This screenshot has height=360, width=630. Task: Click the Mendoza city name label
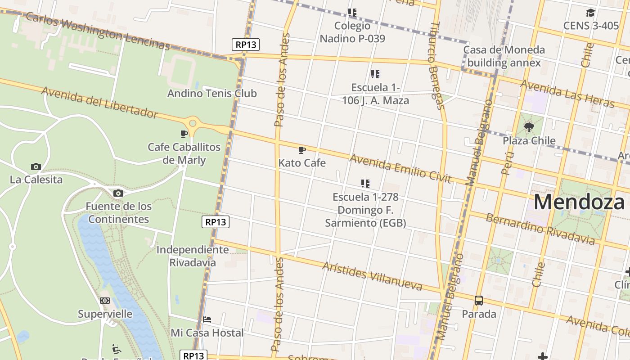[x=579, y=202]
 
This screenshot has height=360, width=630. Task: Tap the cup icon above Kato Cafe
[x=302, y=150]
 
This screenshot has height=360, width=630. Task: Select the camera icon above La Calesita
[x=36, y=167]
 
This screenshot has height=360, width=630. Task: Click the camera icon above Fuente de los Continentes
[x=118, y=193]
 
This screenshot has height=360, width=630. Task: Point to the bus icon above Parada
[x=479, y=301]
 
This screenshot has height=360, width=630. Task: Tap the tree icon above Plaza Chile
[x=529, y=127]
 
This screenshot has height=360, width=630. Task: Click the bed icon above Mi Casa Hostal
[x=207, y=319]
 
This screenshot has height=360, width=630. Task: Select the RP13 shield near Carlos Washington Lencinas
[x=246, y=45]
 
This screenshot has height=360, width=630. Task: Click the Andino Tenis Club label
[x=212, y=94]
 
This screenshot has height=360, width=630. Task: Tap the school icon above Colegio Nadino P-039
[x=352, y=13]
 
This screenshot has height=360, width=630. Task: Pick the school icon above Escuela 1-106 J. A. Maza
[x=375, y=74]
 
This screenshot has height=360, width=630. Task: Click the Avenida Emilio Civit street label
[x=400, y=168]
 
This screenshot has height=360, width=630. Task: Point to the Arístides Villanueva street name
[x=372, y=276]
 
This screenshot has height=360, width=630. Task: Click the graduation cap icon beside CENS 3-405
[x=590, y=13]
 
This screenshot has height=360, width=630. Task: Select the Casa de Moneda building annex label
[x=504, y=56]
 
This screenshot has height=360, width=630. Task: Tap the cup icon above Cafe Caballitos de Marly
[x=184, y=134]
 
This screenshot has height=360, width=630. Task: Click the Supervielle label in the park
[x=105, y=314]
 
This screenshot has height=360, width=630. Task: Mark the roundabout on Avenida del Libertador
[x=193, y=123]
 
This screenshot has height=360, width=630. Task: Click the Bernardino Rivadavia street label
[x=540, y=229]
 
